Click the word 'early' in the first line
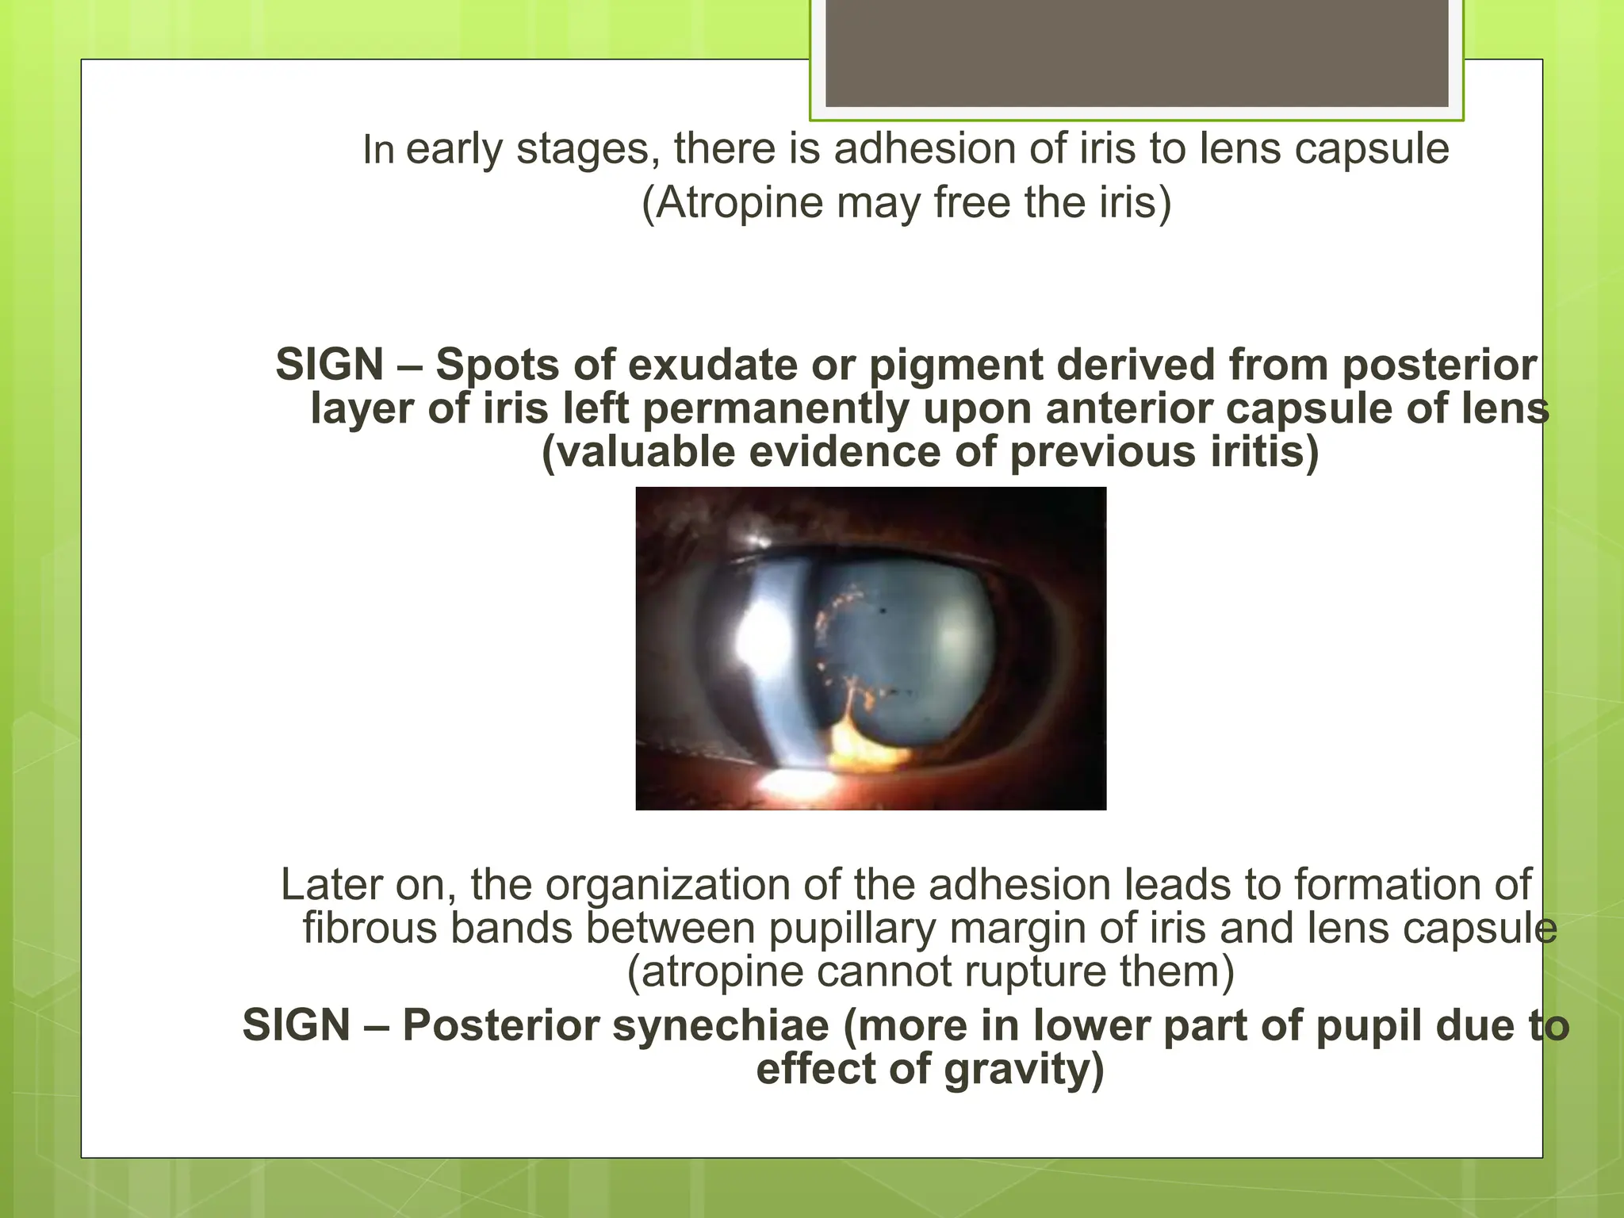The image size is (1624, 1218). click(x=454, y=150)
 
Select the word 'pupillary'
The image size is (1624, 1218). click(x=852, y=929)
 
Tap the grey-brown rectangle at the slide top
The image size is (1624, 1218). click(x=1136, y=53)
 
